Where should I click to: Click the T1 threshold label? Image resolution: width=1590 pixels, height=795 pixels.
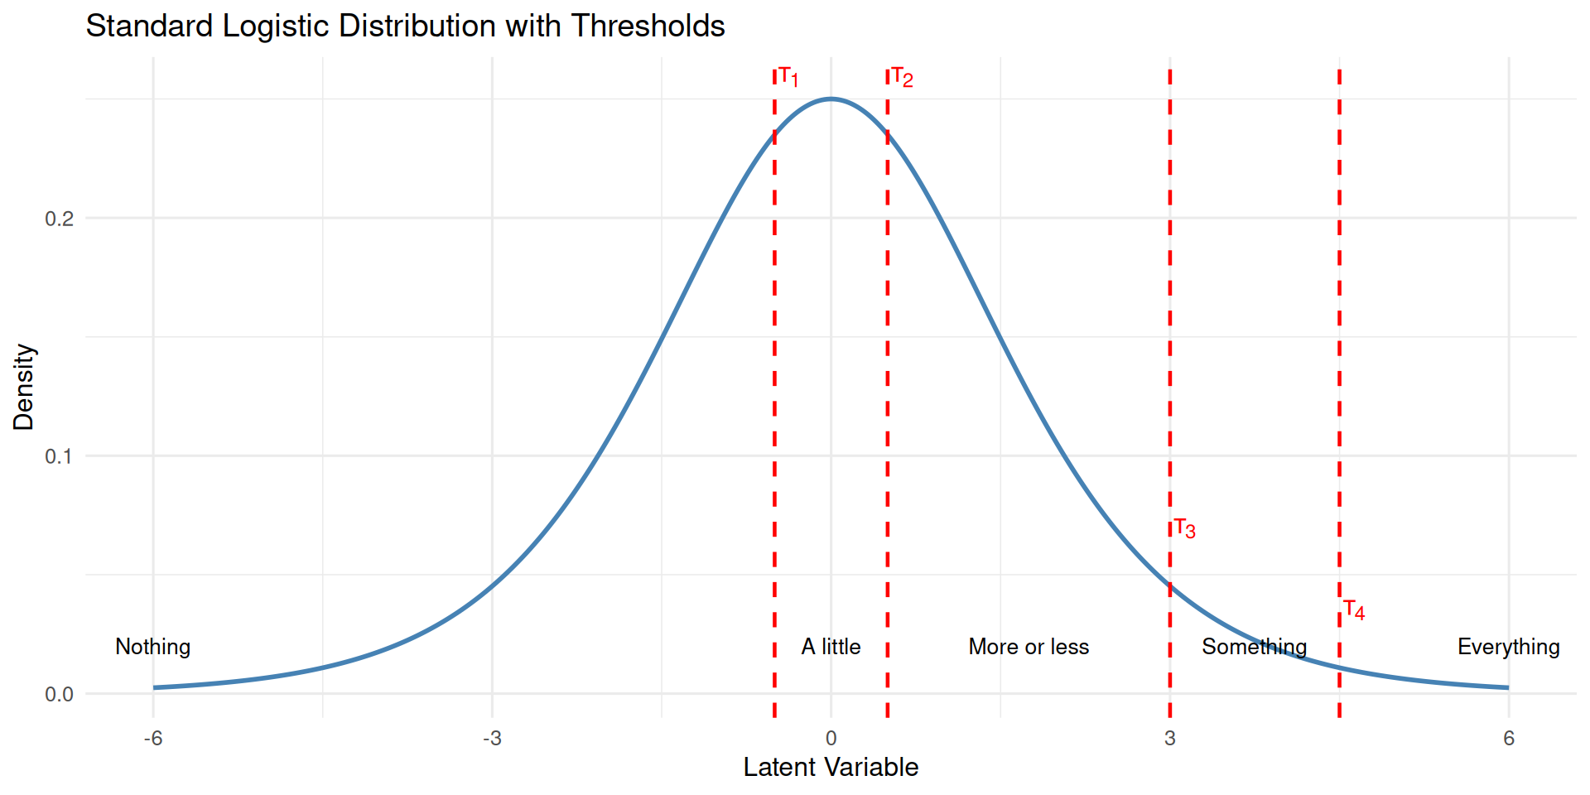(x=788, y=78)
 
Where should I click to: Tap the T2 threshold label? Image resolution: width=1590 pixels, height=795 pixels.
(x=902, y=78)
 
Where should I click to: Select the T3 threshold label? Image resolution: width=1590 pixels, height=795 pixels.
(x=1185, y=528)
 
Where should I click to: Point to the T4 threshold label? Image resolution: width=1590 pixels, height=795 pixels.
(x=1354, y=610)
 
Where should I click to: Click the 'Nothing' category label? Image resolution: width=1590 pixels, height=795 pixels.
(x=152, y=647)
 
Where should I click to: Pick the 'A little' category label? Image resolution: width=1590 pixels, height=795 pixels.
(x=831, y=647)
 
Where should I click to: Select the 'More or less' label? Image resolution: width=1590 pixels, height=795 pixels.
(x=1029, y=647)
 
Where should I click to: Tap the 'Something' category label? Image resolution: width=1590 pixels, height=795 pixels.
(x=1254, y=647)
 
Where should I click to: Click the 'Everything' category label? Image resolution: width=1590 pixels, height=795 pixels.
(x=1508, y=647)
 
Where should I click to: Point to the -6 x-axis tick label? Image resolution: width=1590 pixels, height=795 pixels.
(x=152, y=738)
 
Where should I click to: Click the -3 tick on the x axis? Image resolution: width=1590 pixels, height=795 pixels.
(x=492, y=738)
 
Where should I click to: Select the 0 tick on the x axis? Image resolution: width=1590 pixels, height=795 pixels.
(x=831, y=738)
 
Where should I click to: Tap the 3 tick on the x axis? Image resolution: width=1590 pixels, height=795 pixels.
(x=1169, y=738)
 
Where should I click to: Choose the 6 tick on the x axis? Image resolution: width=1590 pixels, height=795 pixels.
(x=1508, y=738)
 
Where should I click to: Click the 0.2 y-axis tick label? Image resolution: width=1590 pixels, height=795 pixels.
(x=59, y=219)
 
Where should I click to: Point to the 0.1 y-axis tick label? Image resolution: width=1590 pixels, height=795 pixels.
(x=59, y=456)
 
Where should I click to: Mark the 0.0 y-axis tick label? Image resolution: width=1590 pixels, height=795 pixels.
(x=59, y=694)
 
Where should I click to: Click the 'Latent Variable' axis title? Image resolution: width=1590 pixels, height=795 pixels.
(x=831, y=768)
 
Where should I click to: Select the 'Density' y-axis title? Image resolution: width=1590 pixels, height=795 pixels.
(x=24, y=387)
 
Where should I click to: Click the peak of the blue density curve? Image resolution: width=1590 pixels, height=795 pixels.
(x=831, y=99)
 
